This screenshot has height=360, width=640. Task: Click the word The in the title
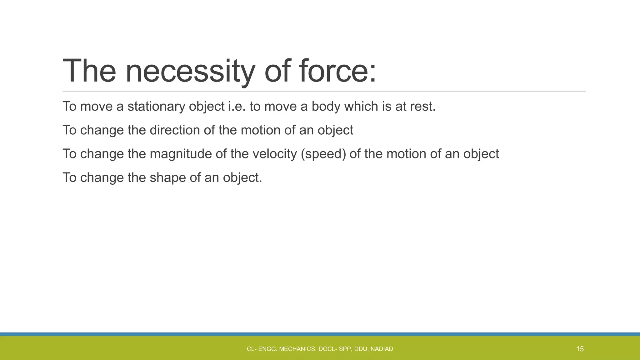(89, 72)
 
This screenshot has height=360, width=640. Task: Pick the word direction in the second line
(175, 130)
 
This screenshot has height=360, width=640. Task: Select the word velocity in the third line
(274, 154)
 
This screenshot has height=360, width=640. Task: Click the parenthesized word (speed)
(323, 154)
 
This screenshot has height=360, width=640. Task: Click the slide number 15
(580, 349)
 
